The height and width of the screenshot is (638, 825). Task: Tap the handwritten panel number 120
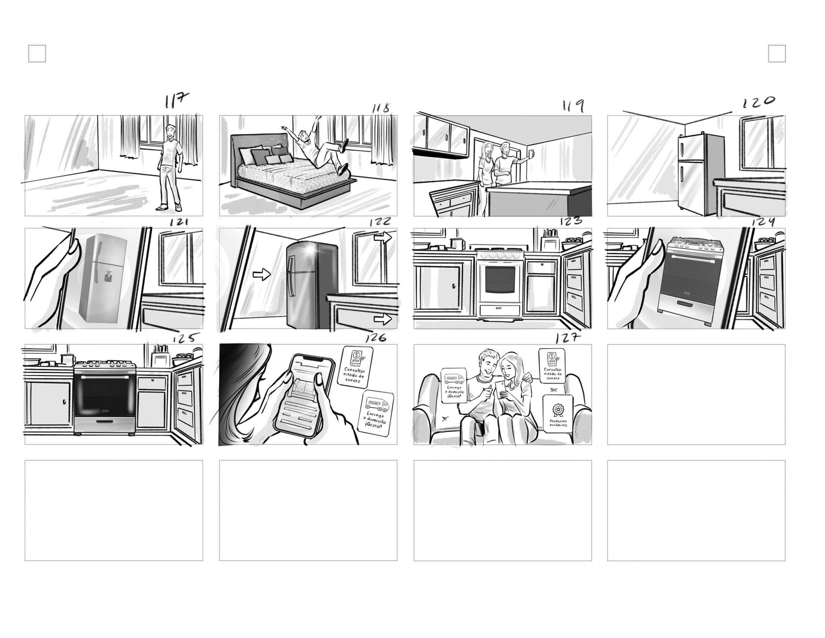tap(759, 102)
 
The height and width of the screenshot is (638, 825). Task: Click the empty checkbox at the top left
tap(37, 54)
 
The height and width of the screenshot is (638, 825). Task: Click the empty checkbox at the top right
tap(776, 54)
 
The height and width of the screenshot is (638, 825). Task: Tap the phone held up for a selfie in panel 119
tap(532, 153)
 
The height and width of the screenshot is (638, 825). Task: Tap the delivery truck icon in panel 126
tap(376, 405)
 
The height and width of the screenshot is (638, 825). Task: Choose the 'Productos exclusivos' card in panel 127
tap(558, 413)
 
